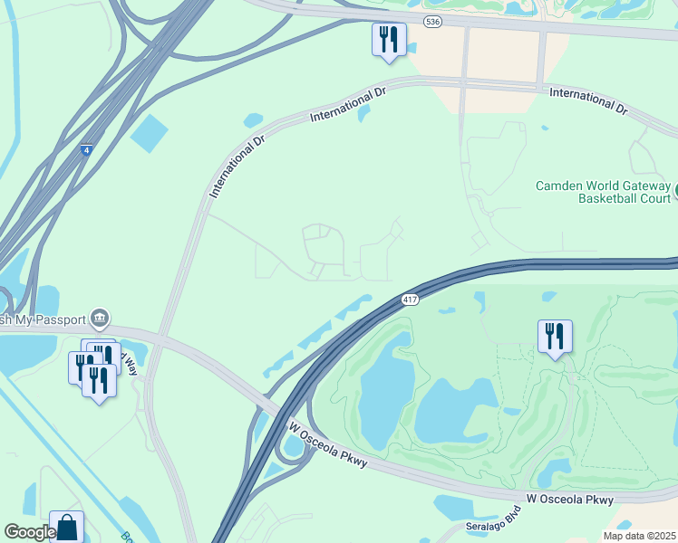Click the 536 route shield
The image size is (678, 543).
[x=433, y=22]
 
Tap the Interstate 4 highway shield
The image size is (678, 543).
[x=86, y=151]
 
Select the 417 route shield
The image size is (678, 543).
[x=410, y=300]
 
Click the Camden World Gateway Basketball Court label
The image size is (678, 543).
[x=603, y=192]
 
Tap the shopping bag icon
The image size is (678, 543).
[x=66, y=526]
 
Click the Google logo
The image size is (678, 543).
[x=29, y=533]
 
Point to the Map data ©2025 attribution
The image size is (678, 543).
[x=638, y=536]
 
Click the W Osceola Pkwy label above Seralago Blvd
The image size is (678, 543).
[x=570, y=499]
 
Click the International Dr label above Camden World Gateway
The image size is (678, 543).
[x=588, y=100]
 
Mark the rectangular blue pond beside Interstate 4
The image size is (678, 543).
[x=149, y=133]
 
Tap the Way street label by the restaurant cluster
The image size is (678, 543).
[x=131, y=364]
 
